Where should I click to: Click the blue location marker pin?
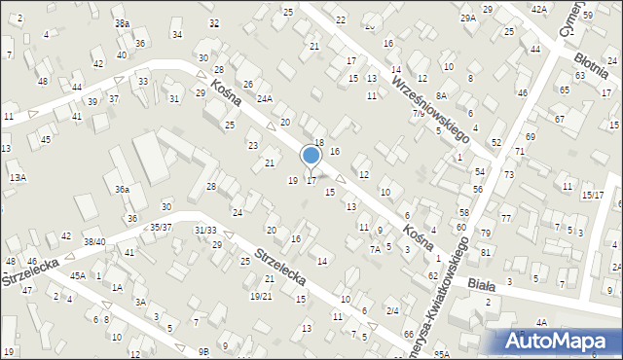311,157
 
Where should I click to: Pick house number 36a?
122,190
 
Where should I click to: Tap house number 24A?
264,99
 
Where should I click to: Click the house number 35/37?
161,227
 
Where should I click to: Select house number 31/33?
205,230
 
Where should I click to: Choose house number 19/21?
261,296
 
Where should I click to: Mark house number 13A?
18,178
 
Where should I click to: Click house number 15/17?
593,195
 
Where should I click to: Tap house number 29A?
468,18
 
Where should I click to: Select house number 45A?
78,275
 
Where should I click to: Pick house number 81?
485,253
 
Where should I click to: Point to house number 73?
508,174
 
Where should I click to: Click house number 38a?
122,22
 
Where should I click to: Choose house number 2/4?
392,310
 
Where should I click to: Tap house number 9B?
202,351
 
